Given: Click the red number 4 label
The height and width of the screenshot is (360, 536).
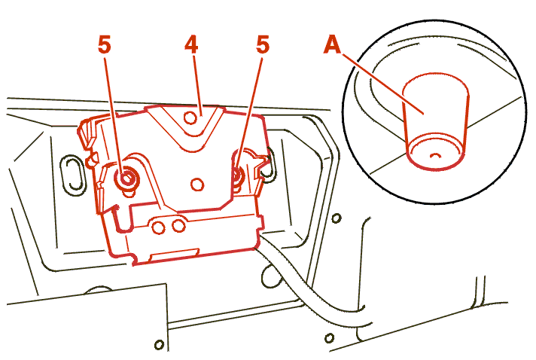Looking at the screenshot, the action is tap(191, 44).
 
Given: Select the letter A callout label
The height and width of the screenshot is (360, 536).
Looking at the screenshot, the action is tap(332, 44).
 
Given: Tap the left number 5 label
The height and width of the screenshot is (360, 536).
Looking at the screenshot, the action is tap(104, 44).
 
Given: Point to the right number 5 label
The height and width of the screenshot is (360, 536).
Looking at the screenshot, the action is tap(263, 44).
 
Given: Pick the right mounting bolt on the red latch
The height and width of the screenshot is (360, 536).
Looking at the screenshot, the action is tap(237, 175).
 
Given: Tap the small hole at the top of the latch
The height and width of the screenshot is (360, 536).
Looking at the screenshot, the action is tap(190, 118).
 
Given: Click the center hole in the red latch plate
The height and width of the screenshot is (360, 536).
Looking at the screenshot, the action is tap(197, 185).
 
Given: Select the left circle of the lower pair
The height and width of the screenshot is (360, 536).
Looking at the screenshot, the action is tap(158, 227).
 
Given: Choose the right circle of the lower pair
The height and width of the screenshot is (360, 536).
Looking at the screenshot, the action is tap(178, 226).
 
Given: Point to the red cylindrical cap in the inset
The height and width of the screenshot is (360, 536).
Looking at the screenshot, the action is tap(435, 122).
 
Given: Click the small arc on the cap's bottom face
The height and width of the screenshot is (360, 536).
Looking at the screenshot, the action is tap(435, 156).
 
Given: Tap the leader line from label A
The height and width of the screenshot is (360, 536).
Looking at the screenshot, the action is tap(383, 84).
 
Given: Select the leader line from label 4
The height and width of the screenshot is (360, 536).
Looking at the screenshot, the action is tap(198, 85).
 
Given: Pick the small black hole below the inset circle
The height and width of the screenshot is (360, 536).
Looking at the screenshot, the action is tap(337, 218).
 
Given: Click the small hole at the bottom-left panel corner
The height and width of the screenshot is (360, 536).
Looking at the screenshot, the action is tap(159, 344).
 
